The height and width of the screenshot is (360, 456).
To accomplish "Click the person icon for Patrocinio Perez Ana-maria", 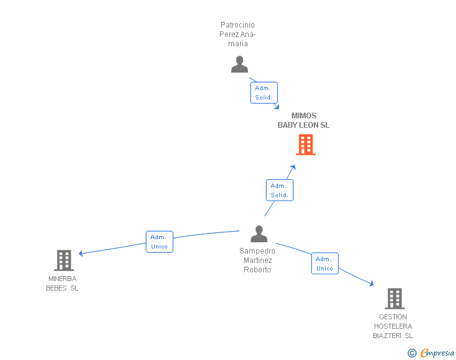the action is (x=239, y=64).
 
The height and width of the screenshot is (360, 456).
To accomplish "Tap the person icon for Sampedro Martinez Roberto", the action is (x=259, y=234).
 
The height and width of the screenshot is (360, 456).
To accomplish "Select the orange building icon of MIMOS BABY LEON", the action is (x=306, y=145).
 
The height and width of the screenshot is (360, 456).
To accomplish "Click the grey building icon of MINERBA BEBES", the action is (x=64, y=260).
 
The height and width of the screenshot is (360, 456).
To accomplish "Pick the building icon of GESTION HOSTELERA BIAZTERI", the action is (x=395, y=299).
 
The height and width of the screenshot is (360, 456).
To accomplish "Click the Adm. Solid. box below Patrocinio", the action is (x=264, y=93).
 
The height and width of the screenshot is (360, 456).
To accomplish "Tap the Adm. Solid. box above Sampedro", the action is (x=280, y=190).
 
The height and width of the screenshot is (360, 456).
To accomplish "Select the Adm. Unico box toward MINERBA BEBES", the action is (x=159, y=242).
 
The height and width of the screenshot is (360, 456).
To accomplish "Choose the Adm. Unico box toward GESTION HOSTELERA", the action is (x=325, y=263).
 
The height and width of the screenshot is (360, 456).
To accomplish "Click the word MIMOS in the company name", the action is (x=304, y=116).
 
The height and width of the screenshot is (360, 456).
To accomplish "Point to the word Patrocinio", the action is (x=237, y=24).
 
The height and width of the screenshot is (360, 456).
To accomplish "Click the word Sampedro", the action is (x=257, y=250).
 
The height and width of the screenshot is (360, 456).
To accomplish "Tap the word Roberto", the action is (x=257, y=270).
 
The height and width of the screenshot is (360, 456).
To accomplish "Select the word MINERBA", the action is (x=63, y=279).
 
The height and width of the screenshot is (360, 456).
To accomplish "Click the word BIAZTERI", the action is (x=387, y=336).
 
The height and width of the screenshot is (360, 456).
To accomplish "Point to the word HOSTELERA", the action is (x=393, y=326).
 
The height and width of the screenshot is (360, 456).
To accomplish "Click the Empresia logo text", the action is (x=437, y=352).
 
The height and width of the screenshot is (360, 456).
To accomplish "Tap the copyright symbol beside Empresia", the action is (x=412, y=353).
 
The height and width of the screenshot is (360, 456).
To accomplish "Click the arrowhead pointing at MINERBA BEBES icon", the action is (x=81, y=254).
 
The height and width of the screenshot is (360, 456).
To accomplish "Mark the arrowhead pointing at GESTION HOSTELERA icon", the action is (x=371, y=283).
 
